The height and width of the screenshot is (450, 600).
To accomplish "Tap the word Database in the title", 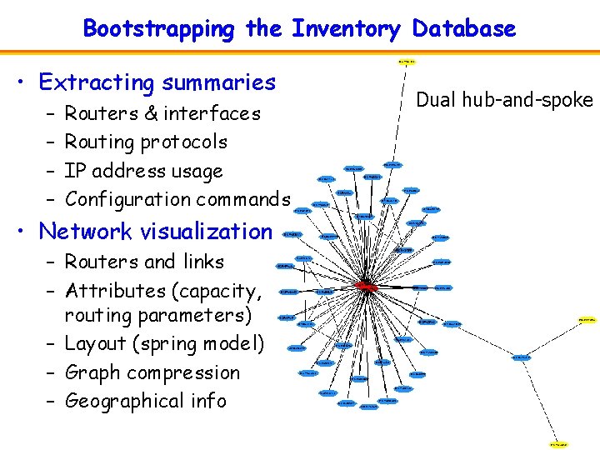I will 462,29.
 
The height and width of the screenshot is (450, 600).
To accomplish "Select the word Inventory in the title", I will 346,29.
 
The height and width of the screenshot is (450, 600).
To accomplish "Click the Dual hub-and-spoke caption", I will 504,101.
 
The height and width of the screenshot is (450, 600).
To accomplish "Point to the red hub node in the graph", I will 365,286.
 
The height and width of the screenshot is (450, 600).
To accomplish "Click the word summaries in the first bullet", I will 219,82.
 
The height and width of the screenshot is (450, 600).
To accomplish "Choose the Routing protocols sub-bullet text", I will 146,142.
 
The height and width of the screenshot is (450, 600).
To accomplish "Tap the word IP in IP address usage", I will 74,171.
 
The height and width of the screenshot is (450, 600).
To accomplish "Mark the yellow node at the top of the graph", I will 407,62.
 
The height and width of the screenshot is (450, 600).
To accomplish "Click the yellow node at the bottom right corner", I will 559,444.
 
